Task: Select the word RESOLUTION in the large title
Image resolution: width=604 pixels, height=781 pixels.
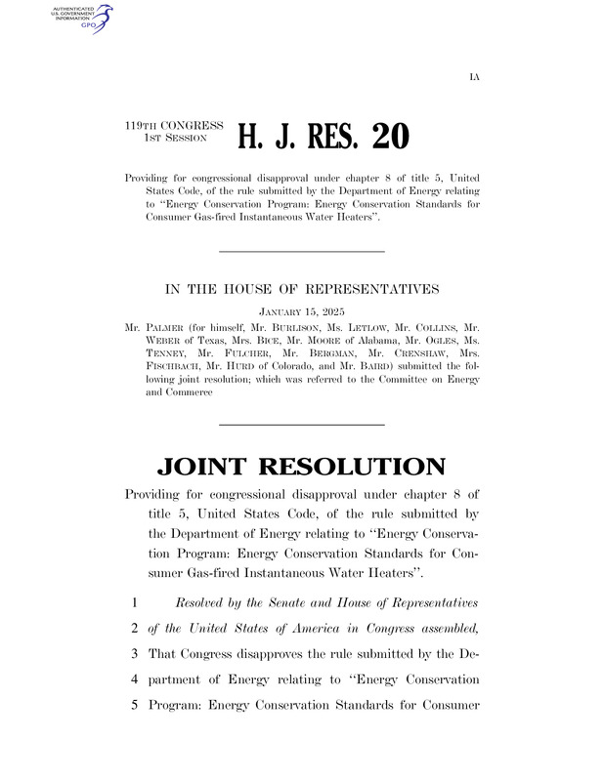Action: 361,467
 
